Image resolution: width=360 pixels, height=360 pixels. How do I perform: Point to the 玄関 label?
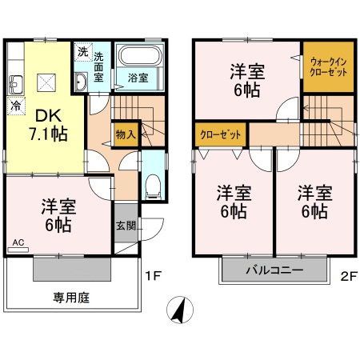click(125, 226)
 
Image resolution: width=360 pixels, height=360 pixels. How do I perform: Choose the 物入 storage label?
click(125, 134)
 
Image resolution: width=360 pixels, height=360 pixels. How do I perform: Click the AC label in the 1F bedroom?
click(18, 240)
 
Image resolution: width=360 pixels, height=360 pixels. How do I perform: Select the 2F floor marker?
click(346, 277)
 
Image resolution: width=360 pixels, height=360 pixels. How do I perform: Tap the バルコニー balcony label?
click(273, 271)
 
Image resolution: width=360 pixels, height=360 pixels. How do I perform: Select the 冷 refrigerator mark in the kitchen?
click(16, 105)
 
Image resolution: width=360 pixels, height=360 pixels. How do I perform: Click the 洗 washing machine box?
click(83, 52)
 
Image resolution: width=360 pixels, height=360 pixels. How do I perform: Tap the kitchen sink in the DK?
click(16, 82)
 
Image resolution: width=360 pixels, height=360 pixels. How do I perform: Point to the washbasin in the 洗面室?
click(82, 82)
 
